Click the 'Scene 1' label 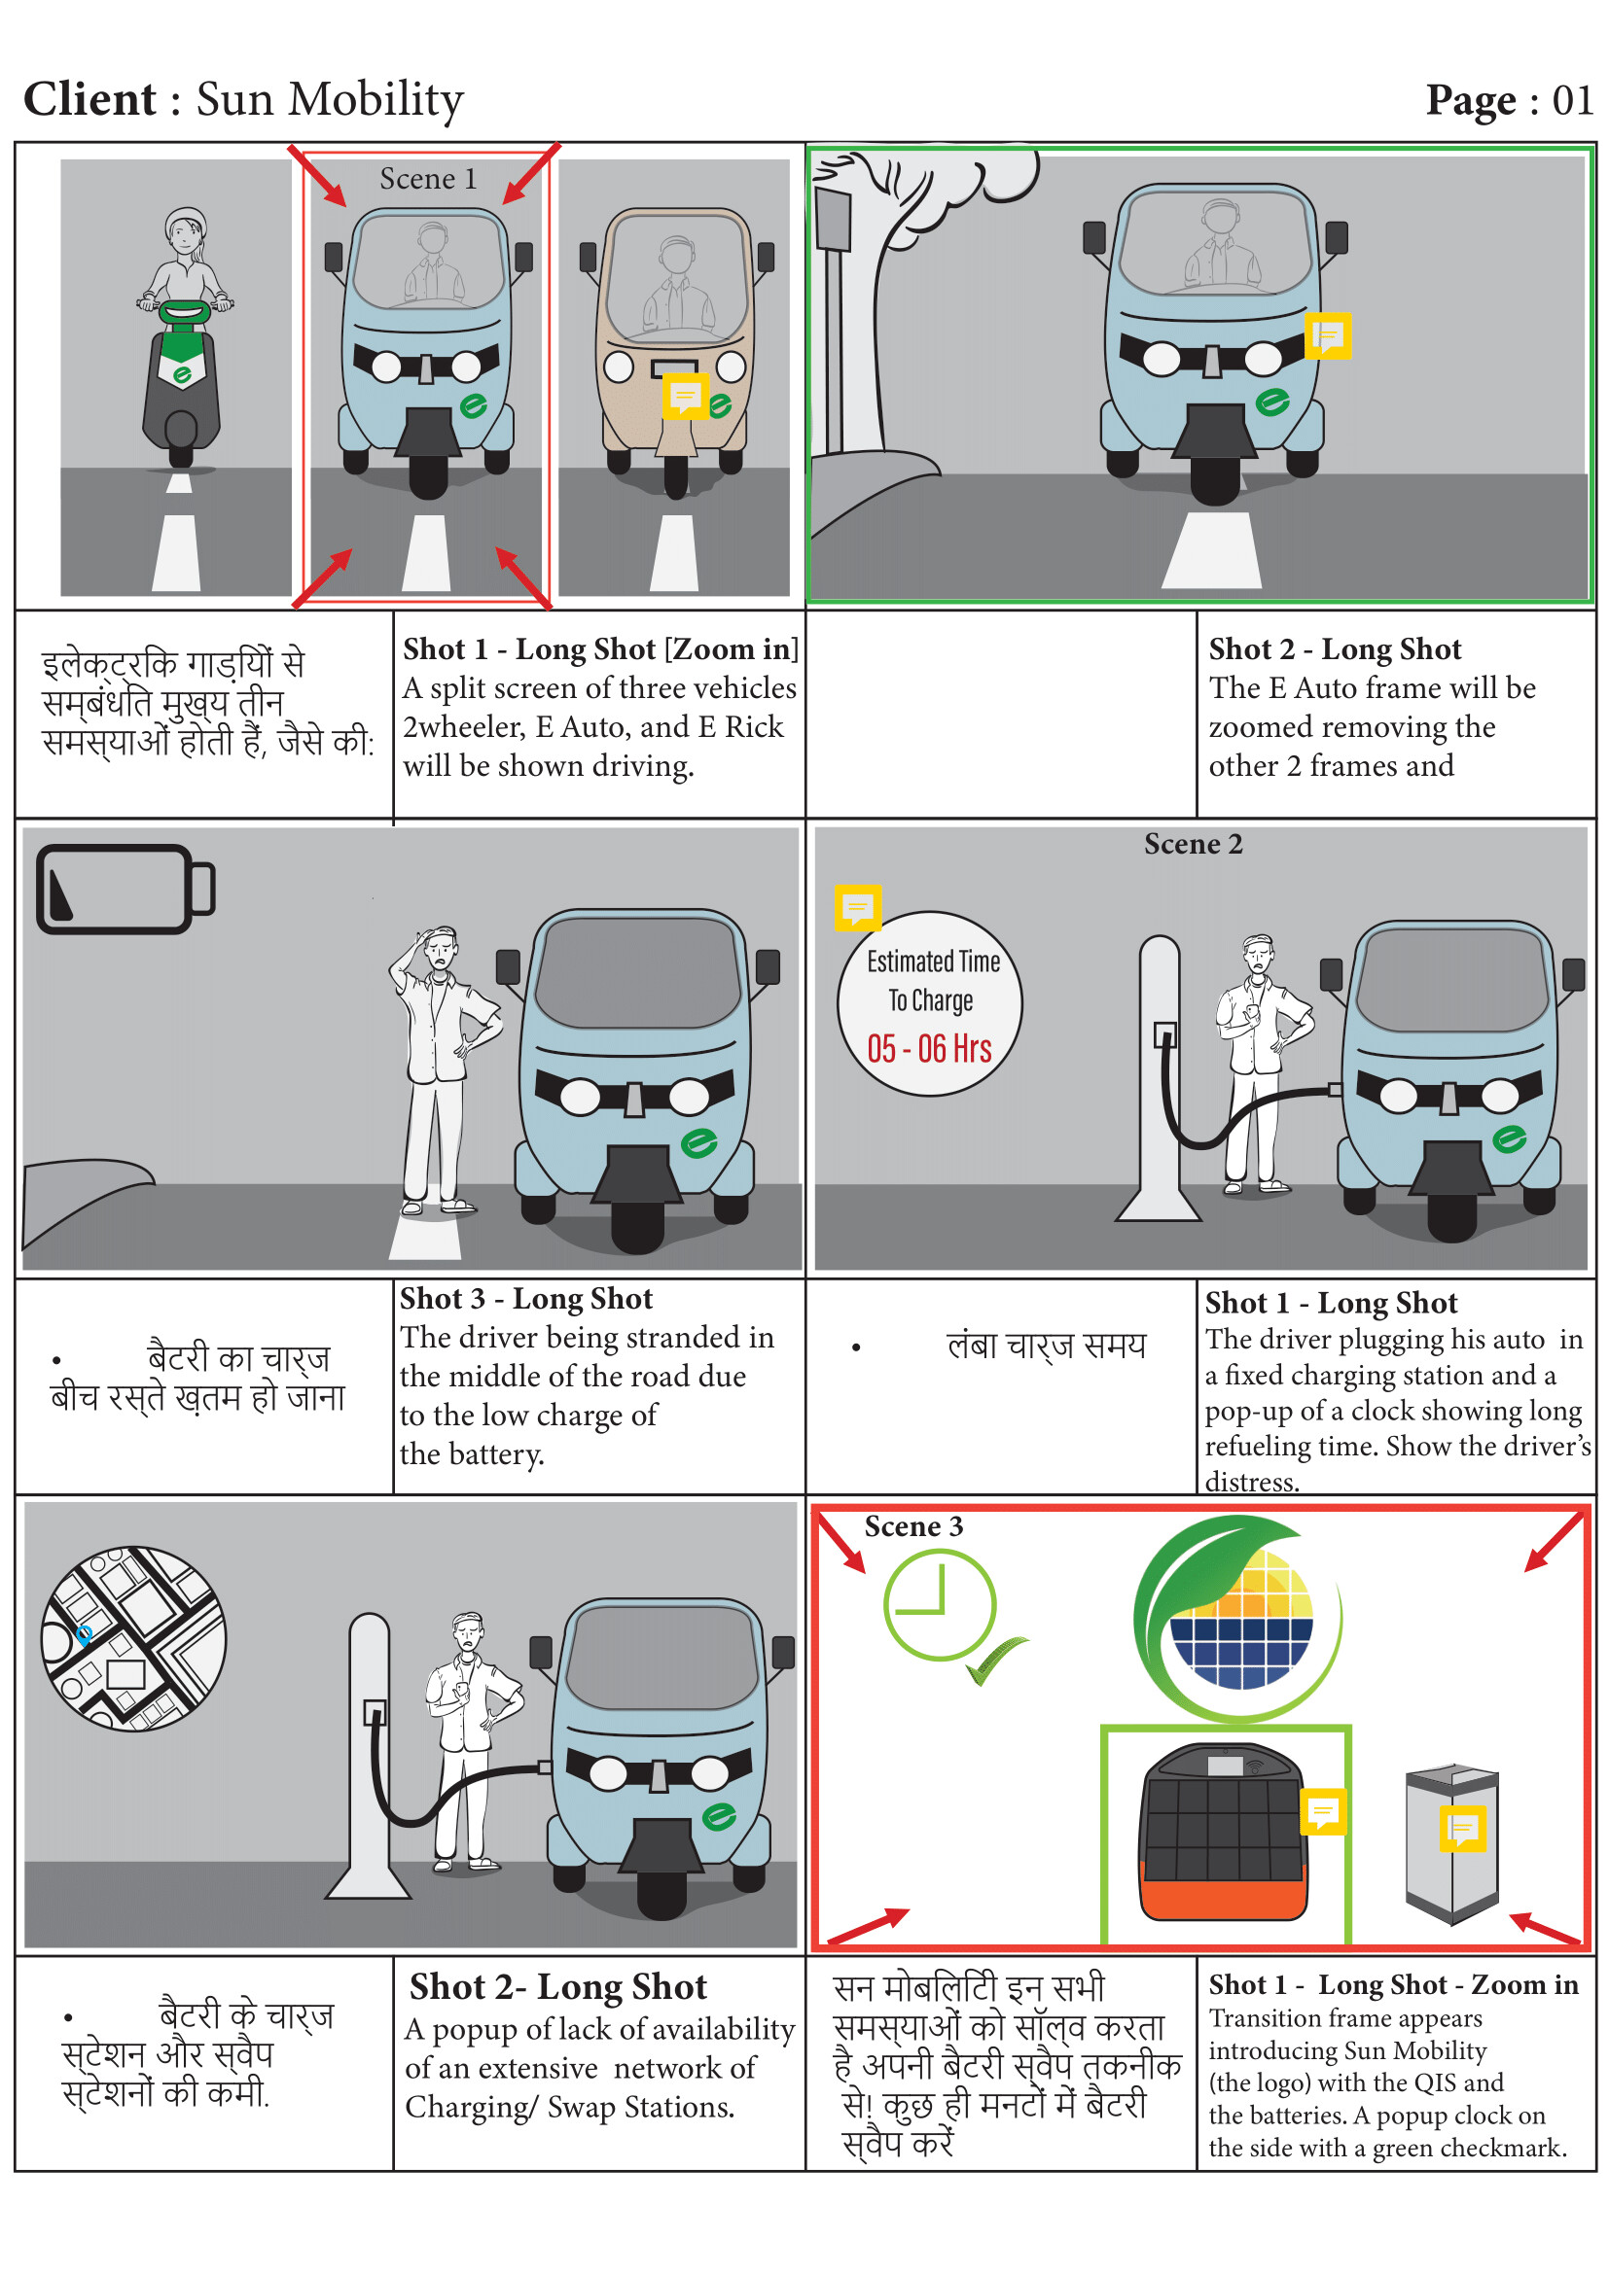428,179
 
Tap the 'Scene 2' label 1193,844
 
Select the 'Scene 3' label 913,1526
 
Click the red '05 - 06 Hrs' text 929,1048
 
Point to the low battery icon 125,889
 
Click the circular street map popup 133,1638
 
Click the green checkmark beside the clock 996,1659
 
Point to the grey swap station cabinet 1451,1841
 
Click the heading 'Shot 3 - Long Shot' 526,1299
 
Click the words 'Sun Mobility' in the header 330,99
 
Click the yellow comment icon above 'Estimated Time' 857,906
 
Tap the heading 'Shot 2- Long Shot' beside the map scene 557,1987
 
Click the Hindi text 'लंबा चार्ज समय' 1047,1345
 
